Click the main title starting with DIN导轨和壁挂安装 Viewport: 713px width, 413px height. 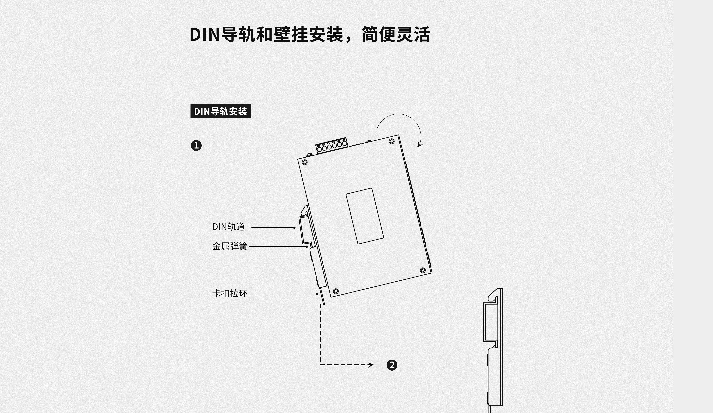click(x=310, y=35)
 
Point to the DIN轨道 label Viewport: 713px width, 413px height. click(x=229, y=227)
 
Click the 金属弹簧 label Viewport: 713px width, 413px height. click(x=230, y=246)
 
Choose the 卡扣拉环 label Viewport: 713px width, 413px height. click(x=230, y=293)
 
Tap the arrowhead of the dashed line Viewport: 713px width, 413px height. click(x=371, y=365)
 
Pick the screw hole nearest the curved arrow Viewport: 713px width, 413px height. click(x=392, y=141)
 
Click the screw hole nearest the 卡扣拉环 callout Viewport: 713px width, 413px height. click(x=336, y=291)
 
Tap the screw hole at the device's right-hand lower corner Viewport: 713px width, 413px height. click(x=423, y=270)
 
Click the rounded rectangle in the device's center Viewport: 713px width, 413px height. click(x=365, y=216)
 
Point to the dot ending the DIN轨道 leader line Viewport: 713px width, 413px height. click(x=295, y=228)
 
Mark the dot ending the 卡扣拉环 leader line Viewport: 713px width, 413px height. click(x=317, y=294)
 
